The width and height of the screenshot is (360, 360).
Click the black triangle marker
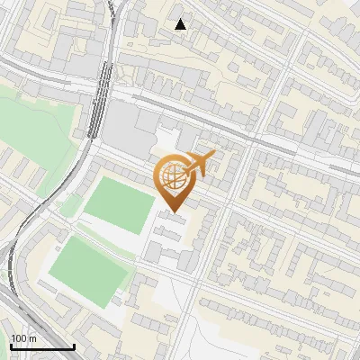point(181,24)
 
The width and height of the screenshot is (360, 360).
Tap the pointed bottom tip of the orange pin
point(175,212)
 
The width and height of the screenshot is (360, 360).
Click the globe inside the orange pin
point(175,178)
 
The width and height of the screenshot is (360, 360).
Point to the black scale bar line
point(42,347)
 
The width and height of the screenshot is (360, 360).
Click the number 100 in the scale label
point(19,338)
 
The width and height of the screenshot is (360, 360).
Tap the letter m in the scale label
point(31,338)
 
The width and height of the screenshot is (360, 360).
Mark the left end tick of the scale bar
point(11,346)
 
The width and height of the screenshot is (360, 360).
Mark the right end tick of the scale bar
point(74,346)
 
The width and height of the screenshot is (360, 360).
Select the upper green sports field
point(119,205)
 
